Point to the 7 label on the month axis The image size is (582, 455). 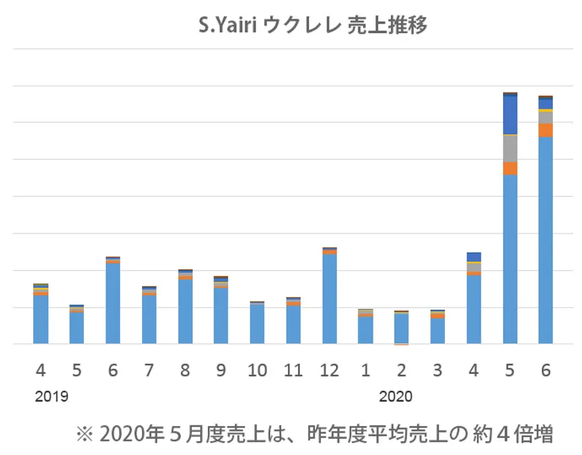(149, 370)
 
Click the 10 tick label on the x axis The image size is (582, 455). (257, 370)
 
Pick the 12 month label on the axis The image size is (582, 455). (329, 370)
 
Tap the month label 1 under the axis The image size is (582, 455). (365, 370)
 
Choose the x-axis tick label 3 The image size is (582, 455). (437, 370)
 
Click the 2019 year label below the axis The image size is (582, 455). (51, 398)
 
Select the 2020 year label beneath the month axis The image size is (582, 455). (396, 398)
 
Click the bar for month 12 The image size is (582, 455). (329, 298)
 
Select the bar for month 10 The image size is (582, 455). (257, 323)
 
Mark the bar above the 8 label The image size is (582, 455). (185, 308)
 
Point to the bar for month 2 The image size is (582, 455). (401, 328)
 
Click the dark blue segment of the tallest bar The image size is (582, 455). (510, 115)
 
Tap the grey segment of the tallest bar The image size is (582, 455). (510, 148)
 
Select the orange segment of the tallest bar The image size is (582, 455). (510, 168)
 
